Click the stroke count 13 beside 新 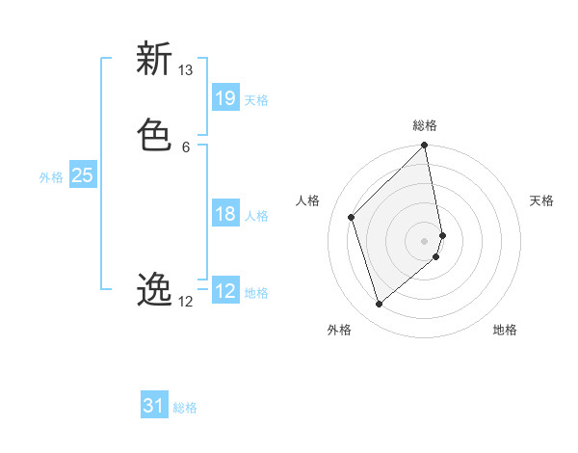tap(185, 70)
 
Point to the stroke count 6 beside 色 tap(185, 147)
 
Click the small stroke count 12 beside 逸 tap(185, 302)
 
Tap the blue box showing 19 tap(225, 97)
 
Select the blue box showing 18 tap(225, 214)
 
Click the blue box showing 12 tap(225, 291)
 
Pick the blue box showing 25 tap(82, 175)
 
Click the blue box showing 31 tap(154, 406)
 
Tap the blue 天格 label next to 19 tap(256, 100)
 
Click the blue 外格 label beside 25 tap(51, 177)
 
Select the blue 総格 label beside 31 tap(185, 408)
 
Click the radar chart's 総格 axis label tap(425, 125)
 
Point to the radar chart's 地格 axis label tap(505, 330)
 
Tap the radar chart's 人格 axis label tap(308, 200)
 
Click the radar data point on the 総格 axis tap(425, 147)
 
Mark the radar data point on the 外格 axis tap(379, 304)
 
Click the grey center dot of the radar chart tap(425, 240)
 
